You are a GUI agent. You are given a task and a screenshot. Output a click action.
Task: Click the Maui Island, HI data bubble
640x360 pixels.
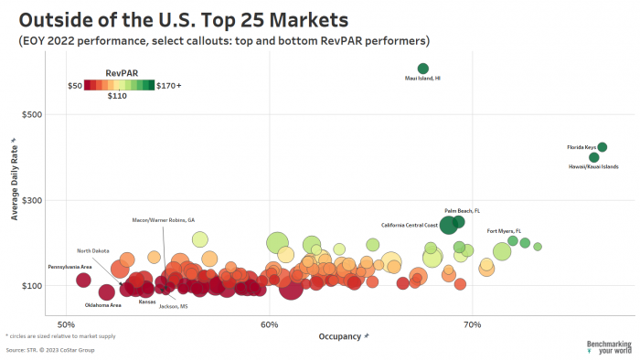[422, 69]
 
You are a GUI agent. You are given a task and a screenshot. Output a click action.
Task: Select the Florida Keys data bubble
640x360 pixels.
[602, 147]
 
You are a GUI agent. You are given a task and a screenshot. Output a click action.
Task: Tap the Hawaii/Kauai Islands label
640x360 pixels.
[593, 166]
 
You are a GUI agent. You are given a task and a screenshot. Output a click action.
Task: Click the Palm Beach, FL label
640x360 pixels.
[462, 210]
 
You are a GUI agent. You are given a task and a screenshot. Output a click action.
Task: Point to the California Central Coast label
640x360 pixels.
[410, 224]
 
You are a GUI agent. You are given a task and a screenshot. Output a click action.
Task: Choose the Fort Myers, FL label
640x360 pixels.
[504, 230]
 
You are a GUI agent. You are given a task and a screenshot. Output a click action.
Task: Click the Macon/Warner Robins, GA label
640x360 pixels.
[164, 219]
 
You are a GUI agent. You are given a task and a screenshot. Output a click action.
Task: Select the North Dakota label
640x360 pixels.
[93, 250]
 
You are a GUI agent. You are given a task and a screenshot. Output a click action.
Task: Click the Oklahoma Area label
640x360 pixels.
[103, 304]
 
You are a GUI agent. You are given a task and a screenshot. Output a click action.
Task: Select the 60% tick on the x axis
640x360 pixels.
[269, 324]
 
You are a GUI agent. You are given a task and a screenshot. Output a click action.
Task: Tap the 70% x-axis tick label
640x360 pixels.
[473, 324]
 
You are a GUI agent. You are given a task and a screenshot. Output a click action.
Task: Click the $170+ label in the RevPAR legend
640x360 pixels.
[169, 85]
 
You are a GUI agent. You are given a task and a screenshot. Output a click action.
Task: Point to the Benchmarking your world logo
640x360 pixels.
[608, 346]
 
